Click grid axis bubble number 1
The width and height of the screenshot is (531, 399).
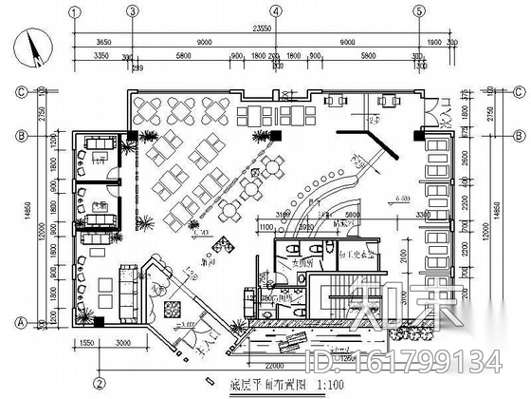coord(75,10)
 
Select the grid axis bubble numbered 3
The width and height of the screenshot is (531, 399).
coord(133,10)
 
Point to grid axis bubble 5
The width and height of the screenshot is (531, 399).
coord(417,10)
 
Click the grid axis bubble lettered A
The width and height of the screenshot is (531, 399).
coord(18,322)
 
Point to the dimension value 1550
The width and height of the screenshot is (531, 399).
coord(84,339)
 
